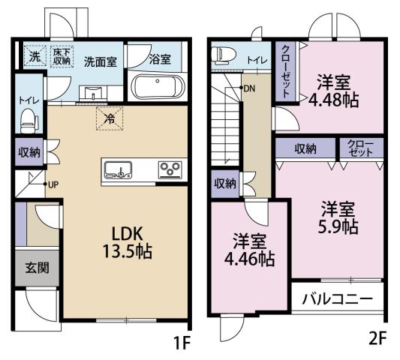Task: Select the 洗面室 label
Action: coord(99,61)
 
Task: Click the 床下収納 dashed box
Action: coord(62,56)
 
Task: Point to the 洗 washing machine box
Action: coord(35,56)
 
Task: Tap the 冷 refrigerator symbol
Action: coord(109,118)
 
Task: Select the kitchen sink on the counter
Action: coord(119,169)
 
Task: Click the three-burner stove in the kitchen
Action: coord(169,169)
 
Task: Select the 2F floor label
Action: coord(377,337)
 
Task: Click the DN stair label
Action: coord(248,88)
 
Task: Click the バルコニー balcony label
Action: coord(337,298)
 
